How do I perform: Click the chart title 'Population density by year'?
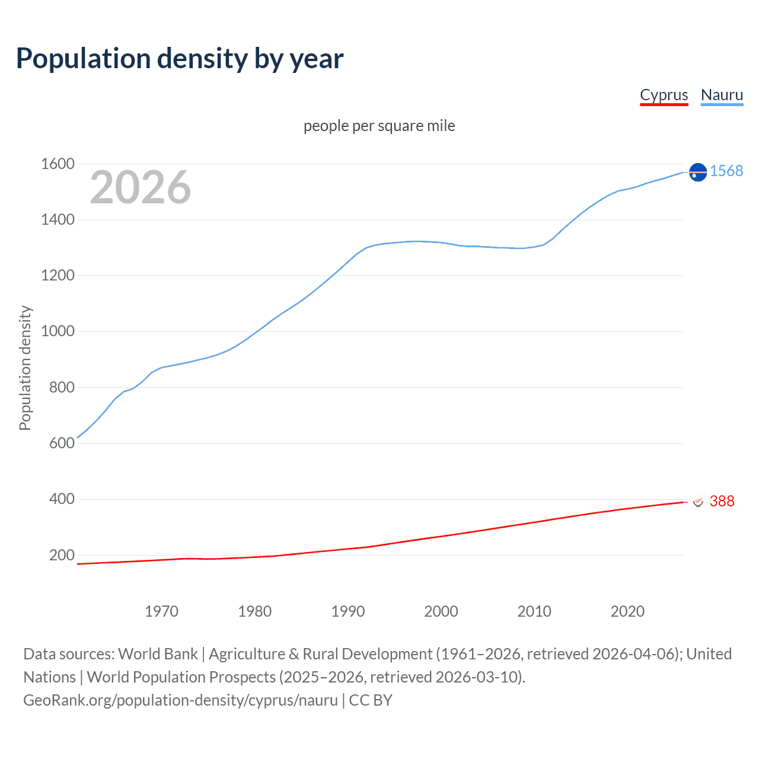180,59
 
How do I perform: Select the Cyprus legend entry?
664,95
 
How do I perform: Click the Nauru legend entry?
722,95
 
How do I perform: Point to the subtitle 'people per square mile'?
379,126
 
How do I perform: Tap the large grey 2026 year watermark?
141,187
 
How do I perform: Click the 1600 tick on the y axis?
58,164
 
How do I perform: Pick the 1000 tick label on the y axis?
58,331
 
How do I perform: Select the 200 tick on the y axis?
62,555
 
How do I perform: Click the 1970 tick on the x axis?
161,611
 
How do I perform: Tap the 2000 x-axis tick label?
441,611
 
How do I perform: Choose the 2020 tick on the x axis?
627,611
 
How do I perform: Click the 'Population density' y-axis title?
25,368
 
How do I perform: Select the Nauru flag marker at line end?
698,172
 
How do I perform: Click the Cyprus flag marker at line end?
698,502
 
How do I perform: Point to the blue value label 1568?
726,171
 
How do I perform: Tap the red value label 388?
722,501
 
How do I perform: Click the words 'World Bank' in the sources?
158,653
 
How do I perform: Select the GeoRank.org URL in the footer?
180,700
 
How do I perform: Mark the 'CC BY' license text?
371,700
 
